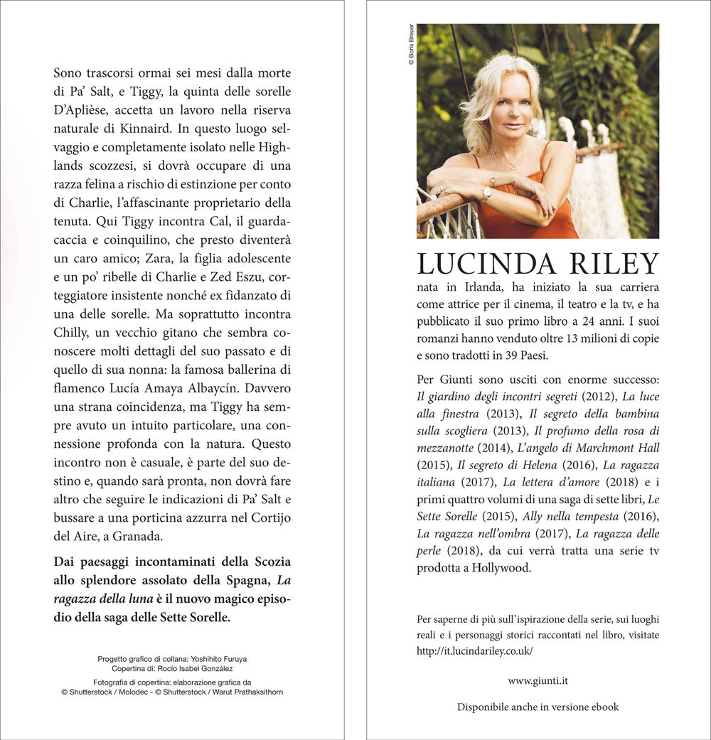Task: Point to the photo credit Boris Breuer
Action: [411, 45]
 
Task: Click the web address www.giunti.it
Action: [538, 681]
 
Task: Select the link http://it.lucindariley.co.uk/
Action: [475, 650]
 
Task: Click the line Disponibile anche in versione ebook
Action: [538, 707]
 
